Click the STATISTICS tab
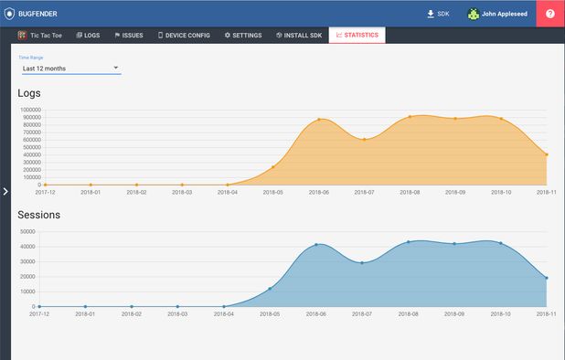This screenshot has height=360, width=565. [357, 35]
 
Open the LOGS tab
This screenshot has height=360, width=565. [89, 35]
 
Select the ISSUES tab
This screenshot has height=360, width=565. [129, 35]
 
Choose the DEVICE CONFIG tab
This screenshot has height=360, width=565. [184, 35]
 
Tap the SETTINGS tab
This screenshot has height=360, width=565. [243, 35]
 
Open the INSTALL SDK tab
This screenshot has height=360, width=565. [298, 35]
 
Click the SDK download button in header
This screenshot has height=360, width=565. [439, 14]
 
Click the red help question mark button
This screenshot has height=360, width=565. [550, 14]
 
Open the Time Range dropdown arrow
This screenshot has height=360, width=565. [116, 68]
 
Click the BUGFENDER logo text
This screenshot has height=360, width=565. [39, 14]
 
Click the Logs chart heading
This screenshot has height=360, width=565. [29, 92]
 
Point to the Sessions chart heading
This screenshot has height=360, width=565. [39, 215]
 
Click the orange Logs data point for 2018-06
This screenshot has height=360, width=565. [318, 119]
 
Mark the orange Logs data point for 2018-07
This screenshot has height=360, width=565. [364, 139]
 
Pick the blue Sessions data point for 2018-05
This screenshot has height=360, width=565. [270, 289]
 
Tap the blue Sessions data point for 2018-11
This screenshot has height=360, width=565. [547, 278]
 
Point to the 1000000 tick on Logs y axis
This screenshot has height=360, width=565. [26, 109]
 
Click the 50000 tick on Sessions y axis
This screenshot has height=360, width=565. [28, 232]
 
